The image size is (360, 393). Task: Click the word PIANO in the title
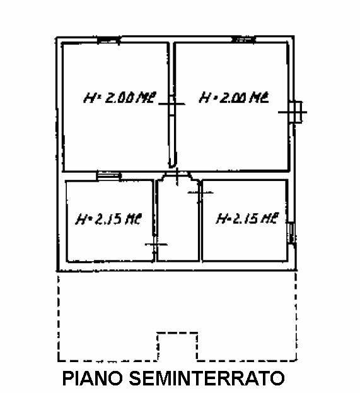pos(93,378)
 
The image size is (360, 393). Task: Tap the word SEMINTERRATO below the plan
pos(207,378)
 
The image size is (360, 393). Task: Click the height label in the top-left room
pos(120,98)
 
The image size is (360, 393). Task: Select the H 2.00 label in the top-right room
pos(234,98)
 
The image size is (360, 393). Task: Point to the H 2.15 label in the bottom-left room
pos(108,219)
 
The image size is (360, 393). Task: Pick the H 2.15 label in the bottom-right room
pos(248,218)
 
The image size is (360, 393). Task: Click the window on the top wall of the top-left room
pos(108,40)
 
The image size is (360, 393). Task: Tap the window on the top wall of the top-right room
pos(244,39)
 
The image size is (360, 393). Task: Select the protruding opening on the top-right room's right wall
pos(296,112)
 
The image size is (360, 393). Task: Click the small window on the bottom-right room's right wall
pos(291,233)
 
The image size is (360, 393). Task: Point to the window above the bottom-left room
pos(108,175)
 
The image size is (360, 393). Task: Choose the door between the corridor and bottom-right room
pos(200,192)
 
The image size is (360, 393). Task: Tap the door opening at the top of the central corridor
pos(177,175)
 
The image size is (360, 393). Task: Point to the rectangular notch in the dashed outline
pos(177,333)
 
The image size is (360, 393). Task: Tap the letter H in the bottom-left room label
pos(81,219)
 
